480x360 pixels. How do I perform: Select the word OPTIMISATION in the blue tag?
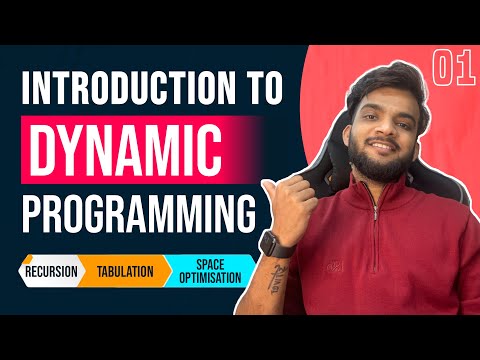pyautogui.click(x=211, y=277)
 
